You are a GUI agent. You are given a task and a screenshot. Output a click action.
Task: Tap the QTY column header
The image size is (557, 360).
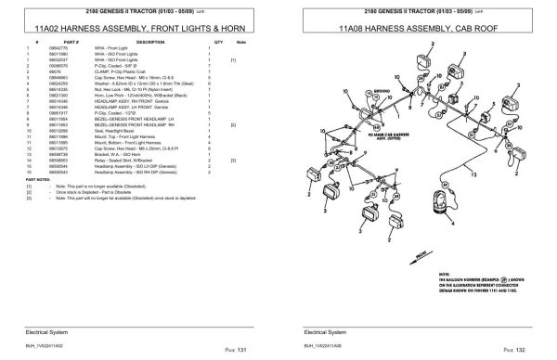coord(218,43)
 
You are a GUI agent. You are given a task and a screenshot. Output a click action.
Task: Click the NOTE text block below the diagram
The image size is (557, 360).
coord(484,278)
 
